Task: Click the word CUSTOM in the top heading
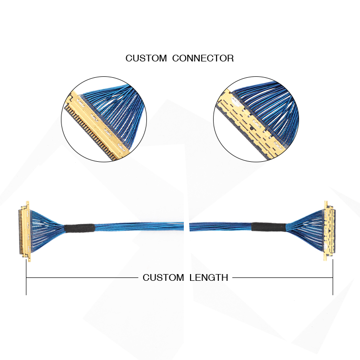146,58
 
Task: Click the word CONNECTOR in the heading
203,58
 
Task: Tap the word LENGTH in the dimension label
209,277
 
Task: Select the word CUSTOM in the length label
163,277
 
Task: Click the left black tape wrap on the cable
79,228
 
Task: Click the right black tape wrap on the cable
269,227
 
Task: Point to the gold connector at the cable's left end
24,231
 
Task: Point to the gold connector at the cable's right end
330,231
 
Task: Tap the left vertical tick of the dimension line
26,277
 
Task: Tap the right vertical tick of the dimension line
333,277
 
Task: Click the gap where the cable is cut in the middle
186,227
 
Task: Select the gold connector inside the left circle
96,125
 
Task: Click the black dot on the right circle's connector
252,128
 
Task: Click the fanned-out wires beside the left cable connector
46,229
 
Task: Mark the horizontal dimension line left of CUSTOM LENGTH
82,277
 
